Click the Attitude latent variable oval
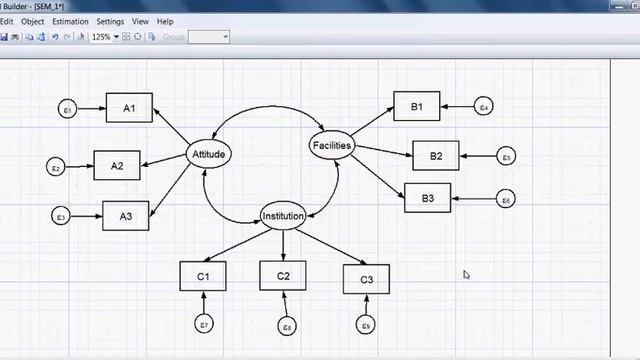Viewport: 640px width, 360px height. pyautogui.click(x=209, y=154)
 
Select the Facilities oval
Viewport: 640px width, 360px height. pyautogui.click(x=332, y=146)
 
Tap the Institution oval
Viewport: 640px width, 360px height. pyautogui.click(x=283, y=216)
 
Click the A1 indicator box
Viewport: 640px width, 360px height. pyautogui.click(x=129, y=107)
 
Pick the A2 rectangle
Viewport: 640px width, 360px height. pyautogui.click(x=117, y=165)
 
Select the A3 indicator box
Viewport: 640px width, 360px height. pyautogui.click(x=125, y=215)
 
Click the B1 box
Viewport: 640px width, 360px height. pyautogui.click(x=417, y=105)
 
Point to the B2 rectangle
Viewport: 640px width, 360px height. pyautogui.click(x=435, y=155)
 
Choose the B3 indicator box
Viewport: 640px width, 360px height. pyautogui.click(x=427, y=198)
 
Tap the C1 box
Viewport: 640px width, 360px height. pyautogui.click(x=203, y=275)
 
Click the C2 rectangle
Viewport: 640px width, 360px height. pyautogui.click(x=283, y=275)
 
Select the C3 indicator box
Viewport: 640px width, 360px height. pyautogui.click(x=366, y=278)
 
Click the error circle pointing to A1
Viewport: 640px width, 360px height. pyautogui.click(x=68, y=108)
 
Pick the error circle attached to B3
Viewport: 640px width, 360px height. pyautogui.click(x=506, y=200)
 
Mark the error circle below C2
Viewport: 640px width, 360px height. pyautogui.click(x=286, y=324)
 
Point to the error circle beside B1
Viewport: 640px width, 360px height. pyautogui.click(x=483, y=105)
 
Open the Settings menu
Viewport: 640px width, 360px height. pyautogui.click(x=110, y=21)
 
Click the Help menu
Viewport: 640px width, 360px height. pyautogui.click(x=165, y=21)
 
